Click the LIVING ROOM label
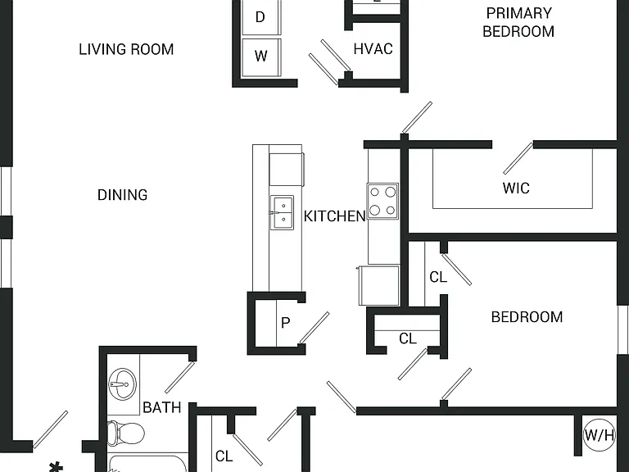(x=126, y=49)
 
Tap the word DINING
(x=122, y=195)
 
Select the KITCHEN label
(x=334, y=216)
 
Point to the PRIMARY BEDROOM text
(x=518, y=22)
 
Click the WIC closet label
(x=516, y=188)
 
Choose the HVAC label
(x=373, y=49)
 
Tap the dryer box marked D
(x=261, y=17)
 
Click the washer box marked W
(x=261, y=57)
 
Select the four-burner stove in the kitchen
(x=382, y=201)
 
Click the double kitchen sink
(x=282, y=213)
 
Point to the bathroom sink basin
(x=122, y=384)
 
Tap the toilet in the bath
(x=126, y=433)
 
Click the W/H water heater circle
(x=599, y=434)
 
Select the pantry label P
(x=285, y=323)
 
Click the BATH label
(x=162, y=408)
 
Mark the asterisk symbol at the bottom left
(x=56, y=467)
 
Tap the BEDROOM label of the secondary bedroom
(x=527, y=317)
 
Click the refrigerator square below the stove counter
(x=379, y=285)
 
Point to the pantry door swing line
(x=314, y=328)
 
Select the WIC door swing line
(x=518, y=158)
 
